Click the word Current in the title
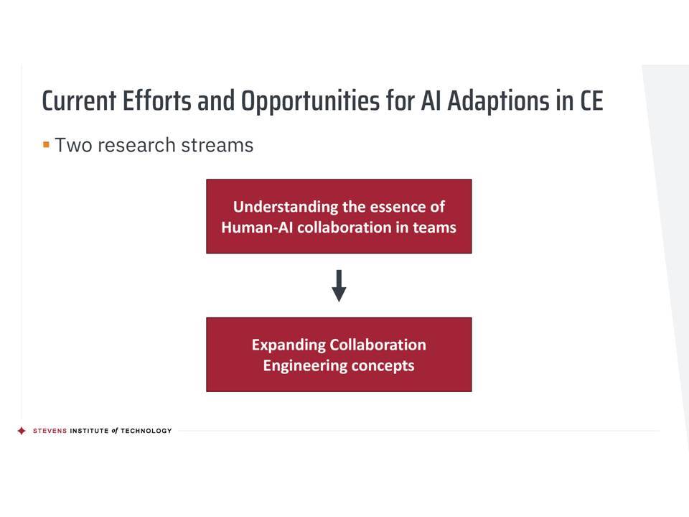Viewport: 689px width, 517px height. coord(80,101)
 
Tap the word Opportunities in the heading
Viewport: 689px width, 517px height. coord(310,102)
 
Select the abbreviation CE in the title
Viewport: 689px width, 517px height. coord(591,101)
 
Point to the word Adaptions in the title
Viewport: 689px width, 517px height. coord(498,102)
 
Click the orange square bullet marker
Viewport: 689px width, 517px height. coord(46,144)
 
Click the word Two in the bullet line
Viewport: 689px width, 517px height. coord(72,145)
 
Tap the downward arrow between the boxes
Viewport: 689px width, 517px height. coord(339,286)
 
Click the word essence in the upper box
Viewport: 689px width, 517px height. coord(395,207)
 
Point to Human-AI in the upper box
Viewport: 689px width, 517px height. coord(257,228)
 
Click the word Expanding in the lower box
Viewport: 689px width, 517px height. coord(289,345)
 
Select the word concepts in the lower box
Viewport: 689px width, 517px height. coord(383,366)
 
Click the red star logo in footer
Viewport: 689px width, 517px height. coord(22,431)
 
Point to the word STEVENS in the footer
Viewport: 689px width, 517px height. coord(50,431)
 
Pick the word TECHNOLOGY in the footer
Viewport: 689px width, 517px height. coord(146,431)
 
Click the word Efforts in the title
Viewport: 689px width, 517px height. coord(157,101)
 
